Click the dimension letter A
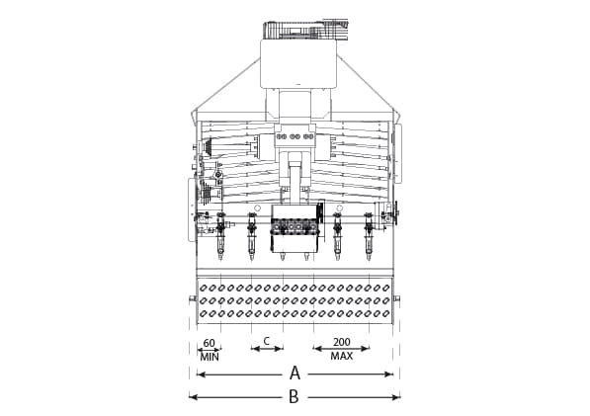(294, 374)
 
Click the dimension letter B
(294, 397)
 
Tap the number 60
(209, 344)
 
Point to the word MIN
(209, 356)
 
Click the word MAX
(342, 356)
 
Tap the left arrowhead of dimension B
(192, 397)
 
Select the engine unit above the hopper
(295, 30)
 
